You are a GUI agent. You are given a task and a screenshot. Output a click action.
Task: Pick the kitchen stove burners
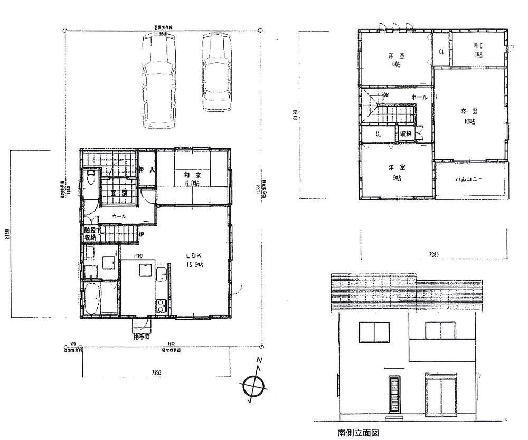point(160,304)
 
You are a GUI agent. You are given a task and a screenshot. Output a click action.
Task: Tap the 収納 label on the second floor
point(406,133)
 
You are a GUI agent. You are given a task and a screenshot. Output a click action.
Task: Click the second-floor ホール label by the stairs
point(419,98)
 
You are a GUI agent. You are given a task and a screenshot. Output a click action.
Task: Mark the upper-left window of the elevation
point(374,332)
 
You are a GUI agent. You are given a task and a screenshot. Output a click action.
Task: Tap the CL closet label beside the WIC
point(442,52)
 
